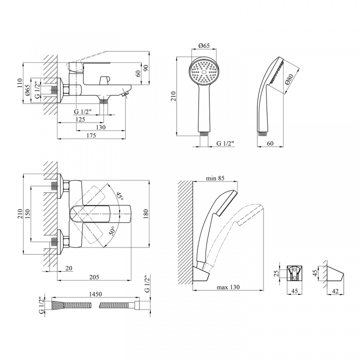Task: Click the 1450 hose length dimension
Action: click(95, 294)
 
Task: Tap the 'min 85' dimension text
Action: click(215, 178)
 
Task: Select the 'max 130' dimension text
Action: click(228, 287)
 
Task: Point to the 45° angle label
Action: click(119, 196)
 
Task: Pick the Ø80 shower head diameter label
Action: click(289, 79)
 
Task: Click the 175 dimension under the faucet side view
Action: click(91, 135)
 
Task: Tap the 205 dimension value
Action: click(94, 277)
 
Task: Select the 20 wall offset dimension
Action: click(69, 268)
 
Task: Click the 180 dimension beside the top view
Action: click(145, 214)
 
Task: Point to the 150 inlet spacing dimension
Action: click(27, 213)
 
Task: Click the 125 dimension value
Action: click(80, 119)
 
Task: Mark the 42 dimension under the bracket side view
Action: click(335, 291)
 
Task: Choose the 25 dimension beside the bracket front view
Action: click(276, 273)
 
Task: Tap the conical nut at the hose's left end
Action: click(58, 305)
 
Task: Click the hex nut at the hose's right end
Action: click(137, 305)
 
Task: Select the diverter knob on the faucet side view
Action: click(104, 80)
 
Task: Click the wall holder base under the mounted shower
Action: click(201, 274)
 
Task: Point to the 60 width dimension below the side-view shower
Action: click(270, 143)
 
